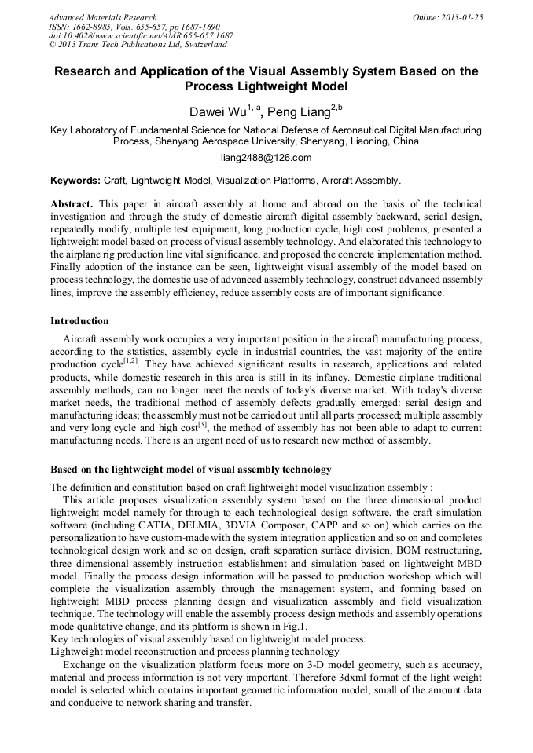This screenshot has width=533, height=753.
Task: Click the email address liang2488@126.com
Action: [x=266, y=158]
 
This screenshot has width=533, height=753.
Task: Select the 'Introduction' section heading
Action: [x=79, y=321]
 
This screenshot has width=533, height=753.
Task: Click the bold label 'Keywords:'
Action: [x=75, y=180]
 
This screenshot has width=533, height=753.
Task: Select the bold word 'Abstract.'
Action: [x=72, y=203]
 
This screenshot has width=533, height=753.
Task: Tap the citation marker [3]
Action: [x=202, y=424]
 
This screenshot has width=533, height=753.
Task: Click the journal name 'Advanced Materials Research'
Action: [x=102, y=16]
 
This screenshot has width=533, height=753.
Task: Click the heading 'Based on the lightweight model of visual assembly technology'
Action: [x=191, y=470]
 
